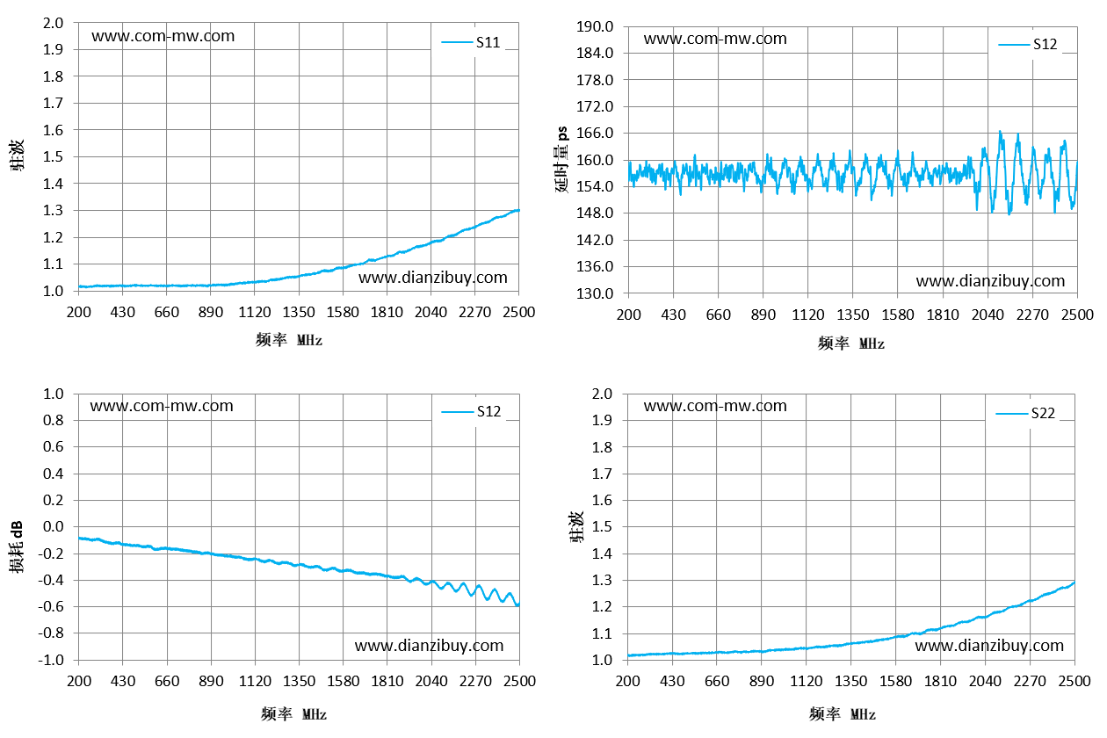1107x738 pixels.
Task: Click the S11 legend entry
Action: click(x=471, y=42)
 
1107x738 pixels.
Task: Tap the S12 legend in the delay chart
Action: click(x=1027, y=45)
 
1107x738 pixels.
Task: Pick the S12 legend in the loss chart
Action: click(x=471, y=411)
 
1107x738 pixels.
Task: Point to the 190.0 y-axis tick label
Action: click(x=595, y=26)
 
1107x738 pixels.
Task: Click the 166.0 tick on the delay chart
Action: click(x=595, y=133)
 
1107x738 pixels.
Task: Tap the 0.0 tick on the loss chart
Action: click(x=54, y=526)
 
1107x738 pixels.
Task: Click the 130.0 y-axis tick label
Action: click(x=595, y=293)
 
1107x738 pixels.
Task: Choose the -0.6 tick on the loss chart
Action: click(x=51, y=606)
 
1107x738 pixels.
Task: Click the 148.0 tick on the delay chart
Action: click(x=595, y=213)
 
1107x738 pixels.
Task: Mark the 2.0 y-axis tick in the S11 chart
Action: click(x=53, y=23)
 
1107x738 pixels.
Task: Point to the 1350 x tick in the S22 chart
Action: click(x=850, y=681)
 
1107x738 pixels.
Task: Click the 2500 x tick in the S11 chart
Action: click(x=519, y=313)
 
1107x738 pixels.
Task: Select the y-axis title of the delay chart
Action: click(x=562, y=159)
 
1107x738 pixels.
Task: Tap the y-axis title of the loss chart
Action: click(x=17, y=546)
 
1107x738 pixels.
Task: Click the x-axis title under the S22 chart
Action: click(x=842, y=713)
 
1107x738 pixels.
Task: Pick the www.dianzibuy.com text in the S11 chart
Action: click(x=433, y=278)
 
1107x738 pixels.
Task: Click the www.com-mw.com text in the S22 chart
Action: click(x=714, y=406)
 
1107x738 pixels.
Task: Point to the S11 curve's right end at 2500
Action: click(x=518, y=211)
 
